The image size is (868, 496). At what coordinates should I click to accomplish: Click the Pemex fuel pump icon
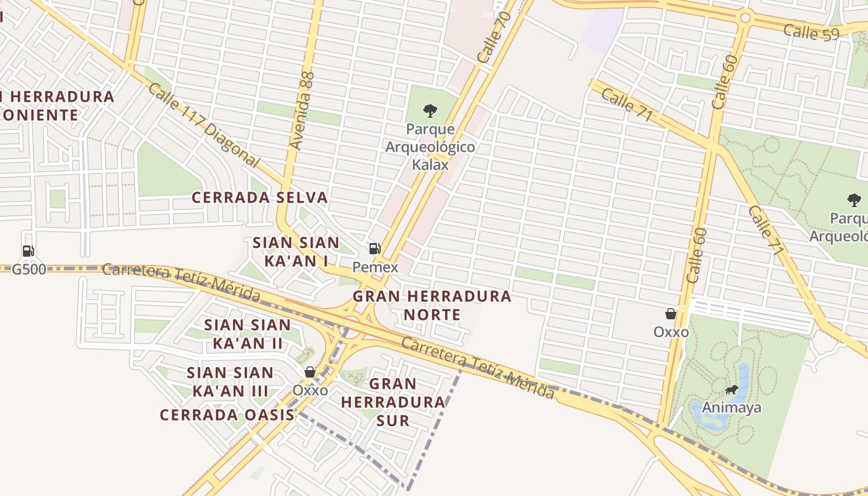(374, 249)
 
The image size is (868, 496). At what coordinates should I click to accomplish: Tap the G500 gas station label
(29, 270)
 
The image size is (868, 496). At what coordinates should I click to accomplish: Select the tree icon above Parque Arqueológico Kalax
(430, 112)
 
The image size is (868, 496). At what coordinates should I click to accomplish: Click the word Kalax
(430, 165)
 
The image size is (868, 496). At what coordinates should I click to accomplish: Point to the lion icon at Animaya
(732, 390)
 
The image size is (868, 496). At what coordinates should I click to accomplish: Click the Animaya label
(732, 408)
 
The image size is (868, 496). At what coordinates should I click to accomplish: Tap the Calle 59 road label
(810, 32)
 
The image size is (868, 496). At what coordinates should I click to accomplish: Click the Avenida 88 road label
(303, 110)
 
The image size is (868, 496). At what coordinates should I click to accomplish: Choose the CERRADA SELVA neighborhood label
(259, 198)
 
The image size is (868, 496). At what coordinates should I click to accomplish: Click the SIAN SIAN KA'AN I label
(296, 252)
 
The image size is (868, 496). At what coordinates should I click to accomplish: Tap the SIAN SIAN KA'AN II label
(247, 334)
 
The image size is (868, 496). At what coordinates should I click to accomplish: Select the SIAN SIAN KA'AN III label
(230, 382)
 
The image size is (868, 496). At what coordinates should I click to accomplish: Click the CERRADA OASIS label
(227, 415)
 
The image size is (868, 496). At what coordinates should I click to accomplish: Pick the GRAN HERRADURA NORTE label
(432, 305)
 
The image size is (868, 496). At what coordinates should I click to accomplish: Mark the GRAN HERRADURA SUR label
(393, 402)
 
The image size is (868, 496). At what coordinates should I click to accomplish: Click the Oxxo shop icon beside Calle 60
(670, 314)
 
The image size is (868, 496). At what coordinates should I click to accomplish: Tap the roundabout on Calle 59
(745, 17)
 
